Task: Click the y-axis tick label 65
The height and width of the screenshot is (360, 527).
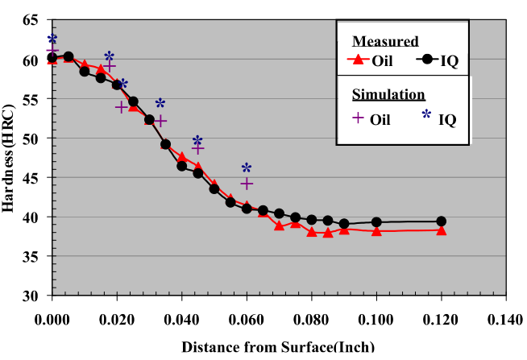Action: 31,21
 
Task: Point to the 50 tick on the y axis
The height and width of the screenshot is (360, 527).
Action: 31,139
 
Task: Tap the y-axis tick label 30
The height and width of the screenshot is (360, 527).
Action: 31,296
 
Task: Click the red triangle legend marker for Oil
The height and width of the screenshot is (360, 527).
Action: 355,59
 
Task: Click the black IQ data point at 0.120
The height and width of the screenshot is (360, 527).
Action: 441,221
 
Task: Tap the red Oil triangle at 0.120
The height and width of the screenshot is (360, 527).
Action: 441,230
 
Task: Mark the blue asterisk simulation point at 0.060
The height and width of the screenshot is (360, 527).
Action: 247,168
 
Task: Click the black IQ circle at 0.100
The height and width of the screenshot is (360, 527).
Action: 376,222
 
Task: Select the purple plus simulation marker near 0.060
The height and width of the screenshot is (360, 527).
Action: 247,184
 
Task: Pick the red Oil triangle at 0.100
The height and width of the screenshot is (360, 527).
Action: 376,230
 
